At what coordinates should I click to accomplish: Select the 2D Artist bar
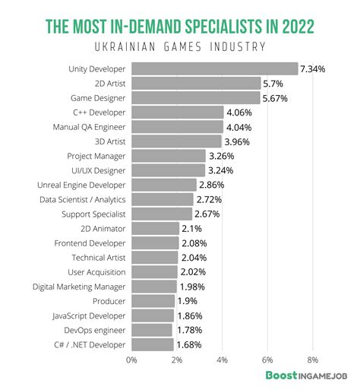coord(196,84)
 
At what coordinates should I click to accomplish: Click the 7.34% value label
coord(313,69)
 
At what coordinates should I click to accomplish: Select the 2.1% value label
coord(191,228)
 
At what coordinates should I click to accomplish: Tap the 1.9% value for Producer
coord(188,301)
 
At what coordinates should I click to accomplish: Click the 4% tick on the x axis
coord(223,359)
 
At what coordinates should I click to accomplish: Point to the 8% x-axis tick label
coord(313,359)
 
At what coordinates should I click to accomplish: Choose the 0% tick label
coord(131,359)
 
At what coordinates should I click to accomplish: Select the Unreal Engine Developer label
coord(81,185)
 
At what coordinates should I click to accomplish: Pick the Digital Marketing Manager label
coord(79,287)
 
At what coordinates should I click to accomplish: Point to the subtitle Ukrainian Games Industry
coord(179,48)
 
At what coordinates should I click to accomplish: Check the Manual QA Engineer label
coord(89,127)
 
